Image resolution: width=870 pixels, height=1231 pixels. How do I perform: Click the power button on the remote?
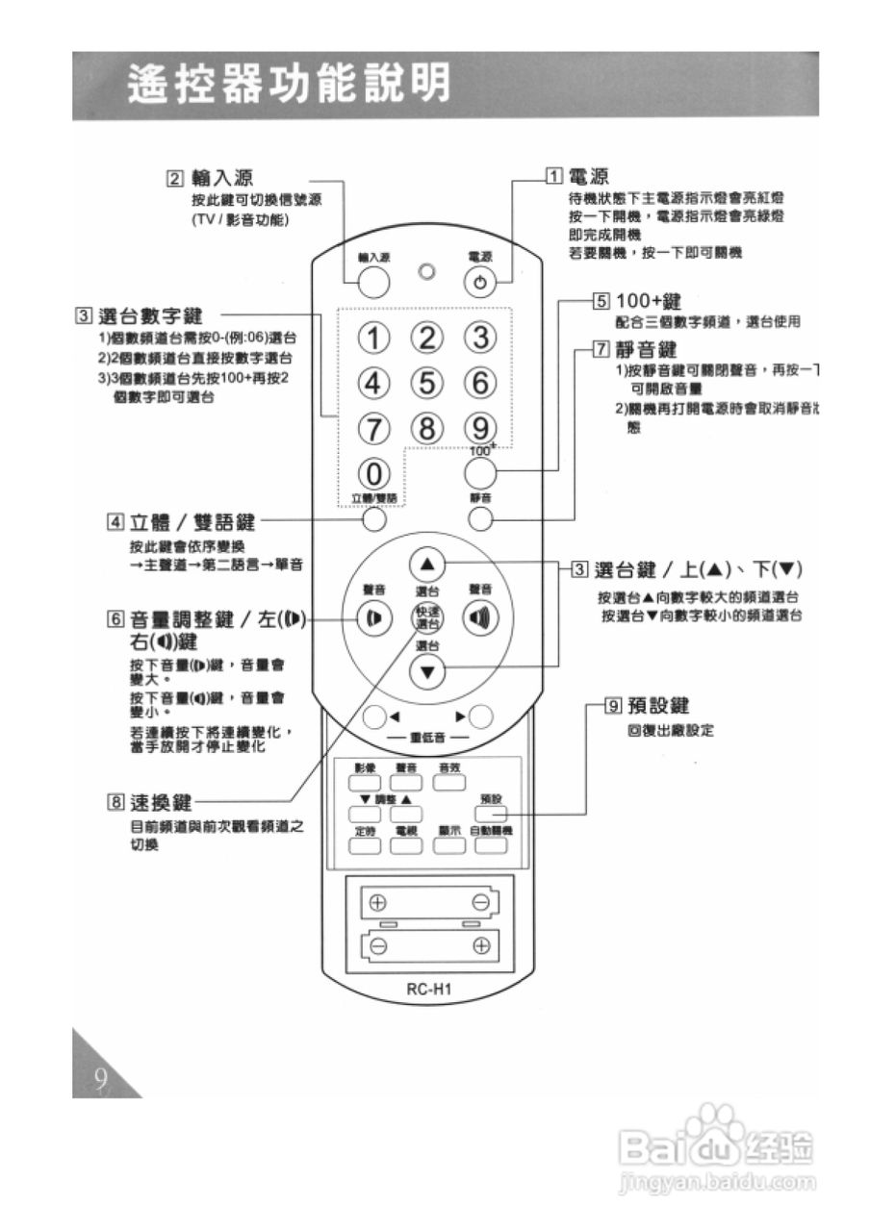479,283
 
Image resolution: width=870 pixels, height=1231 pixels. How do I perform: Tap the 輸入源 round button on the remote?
372,282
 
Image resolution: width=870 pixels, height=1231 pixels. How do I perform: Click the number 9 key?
479,426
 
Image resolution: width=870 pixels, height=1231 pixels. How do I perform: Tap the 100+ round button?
480,472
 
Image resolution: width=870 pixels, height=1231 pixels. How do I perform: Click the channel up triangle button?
427,565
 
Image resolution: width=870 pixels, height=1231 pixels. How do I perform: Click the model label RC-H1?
426,989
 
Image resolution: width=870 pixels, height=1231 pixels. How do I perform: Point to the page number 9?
99,1079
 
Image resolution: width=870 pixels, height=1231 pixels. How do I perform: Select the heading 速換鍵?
161,801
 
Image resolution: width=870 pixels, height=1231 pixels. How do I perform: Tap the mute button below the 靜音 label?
480,520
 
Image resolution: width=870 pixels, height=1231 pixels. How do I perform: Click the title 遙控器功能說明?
289,86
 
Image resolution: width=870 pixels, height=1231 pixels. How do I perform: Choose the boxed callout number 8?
115,801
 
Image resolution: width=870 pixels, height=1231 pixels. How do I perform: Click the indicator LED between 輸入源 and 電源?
426,272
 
